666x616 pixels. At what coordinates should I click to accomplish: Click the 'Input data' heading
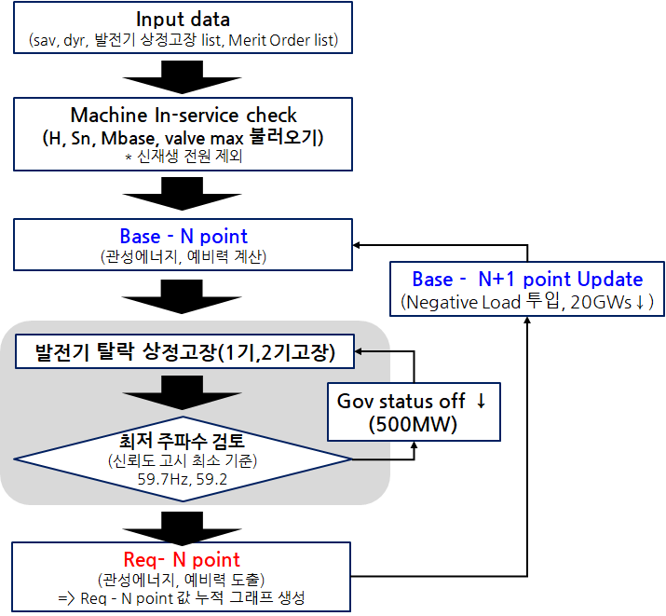(183, 20)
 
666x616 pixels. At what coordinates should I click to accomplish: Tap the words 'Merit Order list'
(282, 40)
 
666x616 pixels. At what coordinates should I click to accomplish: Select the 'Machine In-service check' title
(183, 116)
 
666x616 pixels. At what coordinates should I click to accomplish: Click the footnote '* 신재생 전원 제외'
(183, 157)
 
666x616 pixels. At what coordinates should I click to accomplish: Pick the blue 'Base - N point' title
(183, 236)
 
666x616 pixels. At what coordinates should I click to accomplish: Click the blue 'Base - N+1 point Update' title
(527, 280)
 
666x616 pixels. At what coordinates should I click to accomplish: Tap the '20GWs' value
(601, 302)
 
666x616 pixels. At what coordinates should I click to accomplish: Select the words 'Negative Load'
(463, 302)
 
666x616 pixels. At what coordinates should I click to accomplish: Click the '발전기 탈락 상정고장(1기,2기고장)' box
(184, 351)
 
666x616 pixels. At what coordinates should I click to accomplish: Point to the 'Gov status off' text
(401, 402)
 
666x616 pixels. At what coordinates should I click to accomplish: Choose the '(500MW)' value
(413, 424)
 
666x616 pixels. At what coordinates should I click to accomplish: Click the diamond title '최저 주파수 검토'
(182, 441)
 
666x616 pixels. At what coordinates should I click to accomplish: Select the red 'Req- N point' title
(182, 559)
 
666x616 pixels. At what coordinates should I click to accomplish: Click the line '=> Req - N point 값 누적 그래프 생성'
(182, 598)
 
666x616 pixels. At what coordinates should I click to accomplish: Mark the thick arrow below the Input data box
(182, 77)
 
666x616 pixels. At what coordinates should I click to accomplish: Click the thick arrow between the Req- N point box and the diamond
(182, 529)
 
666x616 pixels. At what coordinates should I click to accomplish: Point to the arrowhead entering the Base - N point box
(357, 245)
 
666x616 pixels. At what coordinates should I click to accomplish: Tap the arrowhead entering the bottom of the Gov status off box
(415, 445)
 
